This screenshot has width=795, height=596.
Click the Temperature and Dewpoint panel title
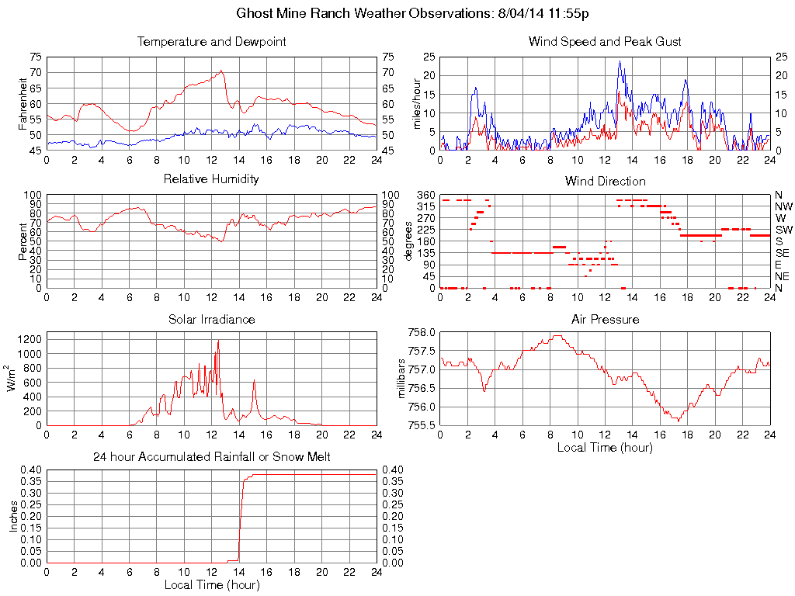[x=211, y=41]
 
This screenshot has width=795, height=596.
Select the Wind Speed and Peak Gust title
[x=605, y=41]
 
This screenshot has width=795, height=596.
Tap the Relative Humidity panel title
[x=211, y=179]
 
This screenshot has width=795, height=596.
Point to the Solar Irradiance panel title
[x=211, y=319]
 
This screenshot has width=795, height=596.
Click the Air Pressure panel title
[x=605, y=319]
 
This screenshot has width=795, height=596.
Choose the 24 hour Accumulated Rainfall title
[x=211, y=457]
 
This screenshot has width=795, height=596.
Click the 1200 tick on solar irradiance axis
[x=31, y=339]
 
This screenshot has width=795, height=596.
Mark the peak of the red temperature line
[x=221, y=71]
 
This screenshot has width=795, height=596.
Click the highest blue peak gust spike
[x=620, y=61]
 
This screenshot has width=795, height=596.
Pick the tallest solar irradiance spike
[x=218, y=341]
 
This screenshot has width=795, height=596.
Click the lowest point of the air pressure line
[x=676, y=421]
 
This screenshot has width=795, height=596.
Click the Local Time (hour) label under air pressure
[x=605, y=447]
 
